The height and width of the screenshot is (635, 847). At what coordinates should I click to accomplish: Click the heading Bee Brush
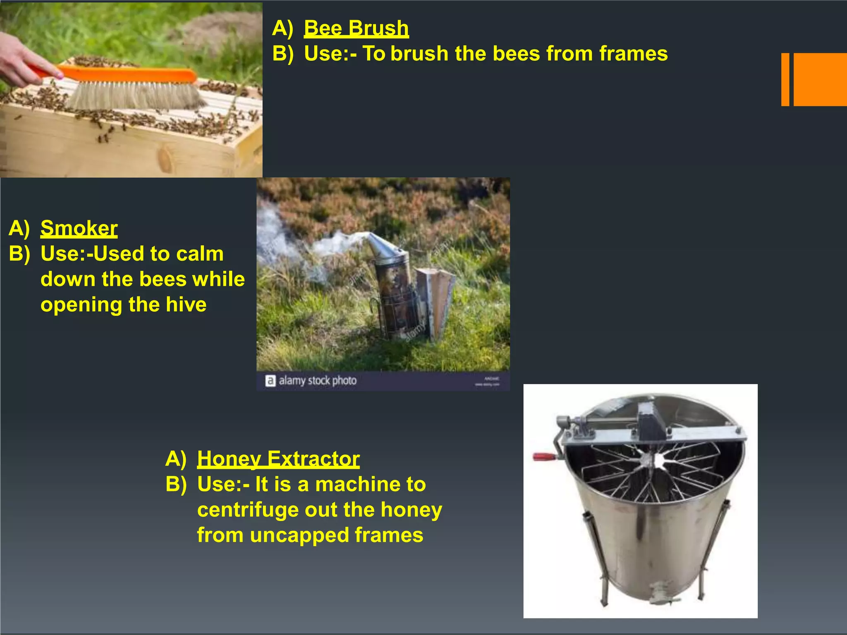(356, 29)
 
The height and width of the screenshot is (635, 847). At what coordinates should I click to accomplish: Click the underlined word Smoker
(79, 228)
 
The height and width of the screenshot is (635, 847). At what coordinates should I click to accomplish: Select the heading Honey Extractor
(278, 458)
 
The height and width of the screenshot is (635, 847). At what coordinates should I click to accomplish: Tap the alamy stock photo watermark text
(317, 380)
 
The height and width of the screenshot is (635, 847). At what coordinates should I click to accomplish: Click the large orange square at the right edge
(820, 79)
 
